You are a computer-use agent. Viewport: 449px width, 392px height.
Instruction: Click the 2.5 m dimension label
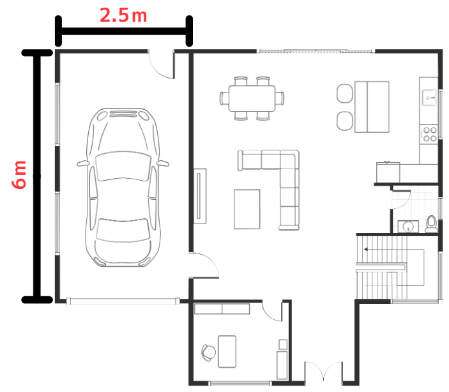pos(123,15)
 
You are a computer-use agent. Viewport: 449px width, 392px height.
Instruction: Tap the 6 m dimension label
pos(19,175)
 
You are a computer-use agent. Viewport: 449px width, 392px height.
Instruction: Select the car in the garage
pos(123,188)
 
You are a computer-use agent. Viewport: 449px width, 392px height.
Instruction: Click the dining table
pos(252,98)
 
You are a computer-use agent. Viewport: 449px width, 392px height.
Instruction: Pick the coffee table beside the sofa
pos(247,209)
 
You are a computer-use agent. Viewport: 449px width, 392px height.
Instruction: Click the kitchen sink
pos(429,97)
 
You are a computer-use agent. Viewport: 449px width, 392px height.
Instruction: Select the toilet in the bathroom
pos(431,224)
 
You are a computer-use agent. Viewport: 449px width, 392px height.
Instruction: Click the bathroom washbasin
pos(408,227)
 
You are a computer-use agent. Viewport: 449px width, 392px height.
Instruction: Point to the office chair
pos(208,352)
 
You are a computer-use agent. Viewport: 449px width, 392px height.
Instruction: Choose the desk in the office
pos(227,352)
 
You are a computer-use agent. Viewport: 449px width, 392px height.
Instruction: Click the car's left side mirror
pos(83,163)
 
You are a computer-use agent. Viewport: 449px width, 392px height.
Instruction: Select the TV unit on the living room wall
pos(200,196)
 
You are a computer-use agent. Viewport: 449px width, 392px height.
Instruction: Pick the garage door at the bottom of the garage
pos(123,301)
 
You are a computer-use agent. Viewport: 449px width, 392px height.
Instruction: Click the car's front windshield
pos(123,167)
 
